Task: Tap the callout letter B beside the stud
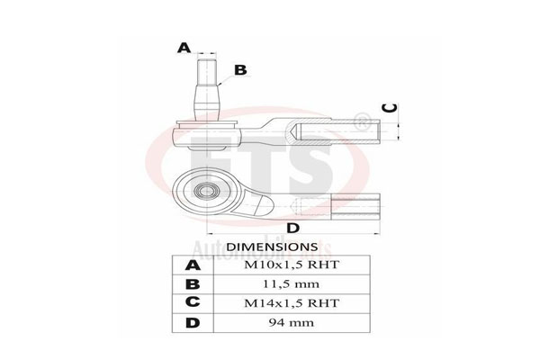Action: tap(240, 69)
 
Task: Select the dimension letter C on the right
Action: tap(387, 106)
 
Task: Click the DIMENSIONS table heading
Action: tap(271, 246)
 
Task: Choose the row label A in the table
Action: tap(193, 265)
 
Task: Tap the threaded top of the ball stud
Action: tap(206, 68)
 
